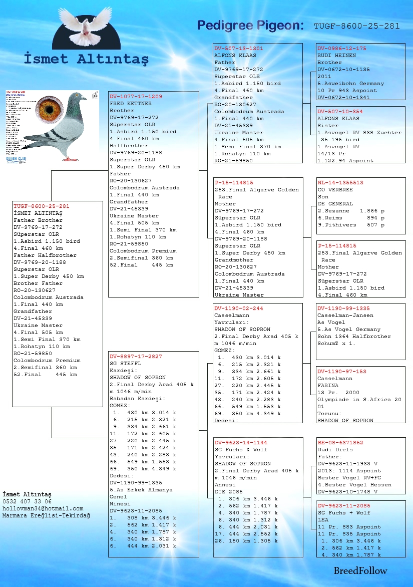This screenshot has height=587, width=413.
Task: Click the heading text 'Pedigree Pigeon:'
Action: [x=250, y=25]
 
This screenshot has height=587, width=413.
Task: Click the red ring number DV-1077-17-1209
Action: [x=136, y=96]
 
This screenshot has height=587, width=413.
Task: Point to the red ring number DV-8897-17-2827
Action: [x=136, y=357]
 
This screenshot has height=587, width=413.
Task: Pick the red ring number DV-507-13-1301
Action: [x=238, y=48]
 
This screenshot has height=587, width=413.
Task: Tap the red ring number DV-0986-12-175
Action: [x=341, y=48]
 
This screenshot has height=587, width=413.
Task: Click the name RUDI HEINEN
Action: [x=336, y=55]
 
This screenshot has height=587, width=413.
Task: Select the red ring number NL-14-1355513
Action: [x=340, y=183]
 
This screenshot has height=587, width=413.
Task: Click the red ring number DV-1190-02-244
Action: [x=238, y=309]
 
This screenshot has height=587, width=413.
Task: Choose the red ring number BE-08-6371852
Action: [x=340, y=443]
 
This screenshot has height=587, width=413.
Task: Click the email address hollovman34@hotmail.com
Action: [x=43, y=508]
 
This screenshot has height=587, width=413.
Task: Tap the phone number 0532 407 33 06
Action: [x=27, y=501]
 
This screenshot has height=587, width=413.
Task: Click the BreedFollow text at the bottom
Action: [x=360, y=570]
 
